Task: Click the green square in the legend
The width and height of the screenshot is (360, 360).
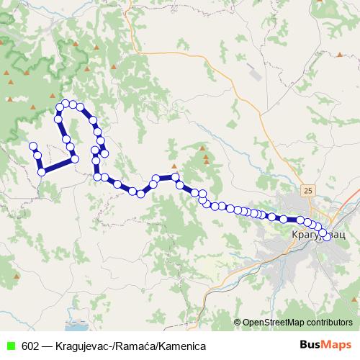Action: (10, 346)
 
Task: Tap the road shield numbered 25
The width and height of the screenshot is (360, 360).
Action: (309, 190)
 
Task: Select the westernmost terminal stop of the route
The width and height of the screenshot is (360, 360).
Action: (32, 146)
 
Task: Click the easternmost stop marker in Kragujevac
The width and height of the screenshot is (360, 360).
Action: (328, 237)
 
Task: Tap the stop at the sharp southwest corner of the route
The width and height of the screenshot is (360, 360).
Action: (42, 171)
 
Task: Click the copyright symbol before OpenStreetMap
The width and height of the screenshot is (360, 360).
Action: (238, 322)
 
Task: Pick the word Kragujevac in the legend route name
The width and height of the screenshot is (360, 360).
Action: (85, 346)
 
